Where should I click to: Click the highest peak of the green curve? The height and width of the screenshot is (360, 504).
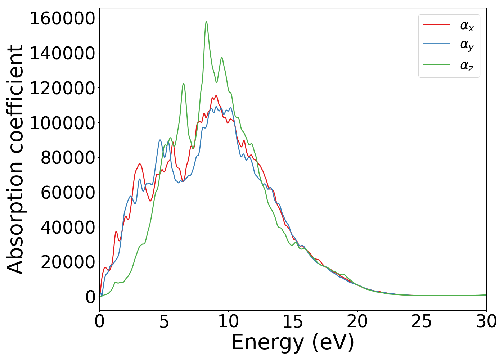[x=206, y=22]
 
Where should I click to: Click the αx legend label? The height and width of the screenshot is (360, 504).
[x=467, y=26]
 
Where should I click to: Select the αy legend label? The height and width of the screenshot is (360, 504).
[x=467, y=45]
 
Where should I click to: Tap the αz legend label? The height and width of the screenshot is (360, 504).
[x=467, y=66]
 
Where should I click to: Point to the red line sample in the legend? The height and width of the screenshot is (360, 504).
[x=436, y=24]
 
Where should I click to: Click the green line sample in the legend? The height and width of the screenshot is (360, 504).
[x=436, y=65]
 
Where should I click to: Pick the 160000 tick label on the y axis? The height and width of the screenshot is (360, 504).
[x=62, y=19]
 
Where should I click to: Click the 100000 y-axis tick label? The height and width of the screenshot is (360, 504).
[x=62, y=123]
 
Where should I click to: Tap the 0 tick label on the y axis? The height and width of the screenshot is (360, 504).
[x=90, y=297]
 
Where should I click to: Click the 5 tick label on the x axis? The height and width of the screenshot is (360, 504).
[x=164, y=321]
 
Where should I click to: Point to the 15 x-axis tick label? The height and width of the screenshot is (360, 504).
[x=293, y=321]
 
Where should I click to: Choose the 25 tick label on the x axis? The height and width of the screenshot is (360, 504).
[x=422, y=321]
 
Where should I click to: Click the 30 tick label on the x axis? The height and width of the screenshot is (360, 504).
[x=486, y=321]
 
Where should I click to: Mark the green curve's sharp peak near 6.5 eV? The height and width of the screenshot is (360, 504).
[x=183, y=84]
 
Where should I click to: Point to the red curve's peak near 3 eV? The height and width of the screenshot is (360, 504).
[x=139, y=164]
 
